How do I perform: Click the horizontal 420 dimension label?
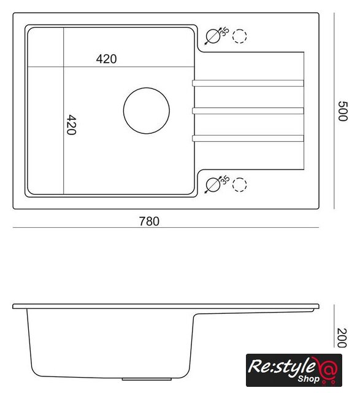106,59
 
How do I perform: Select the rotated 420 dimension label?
71,125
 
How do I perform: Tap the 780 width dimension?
149,221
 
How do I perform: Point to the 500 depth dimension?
343,111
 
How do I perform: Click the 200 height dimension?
342,338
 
